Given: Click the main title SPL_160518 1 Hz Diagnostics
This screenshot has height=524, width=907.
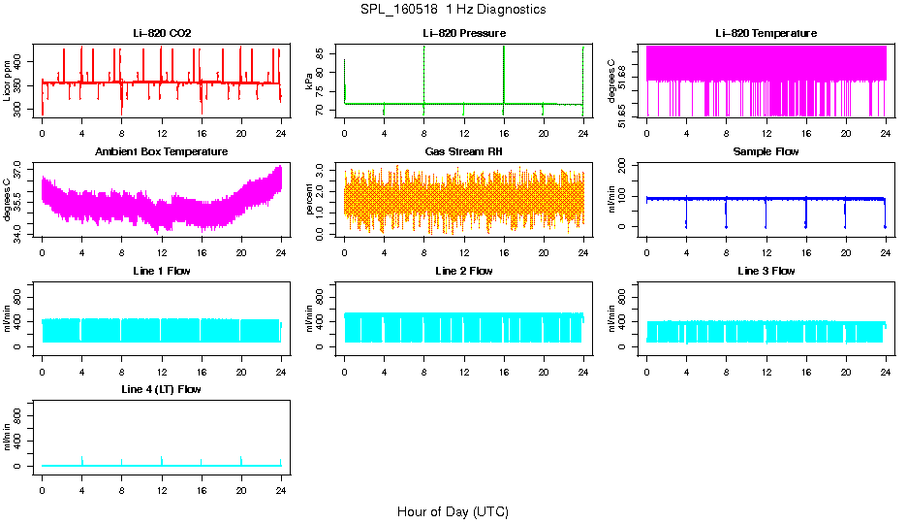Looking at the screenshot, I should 453,10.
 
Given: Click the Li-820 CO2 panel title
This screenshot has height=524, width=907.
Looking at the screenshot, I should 162,33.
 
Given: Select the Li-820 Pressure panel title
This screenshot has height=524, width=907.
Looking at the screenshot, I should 464,33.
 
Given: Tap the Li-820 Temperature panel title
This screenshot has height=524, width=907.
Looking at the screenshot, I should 766,33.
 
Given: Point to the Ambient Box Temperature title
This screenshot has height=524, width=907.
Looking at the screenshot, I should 162,152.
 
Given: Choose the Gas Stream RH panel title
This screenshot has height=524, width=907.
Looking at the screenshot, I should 464,152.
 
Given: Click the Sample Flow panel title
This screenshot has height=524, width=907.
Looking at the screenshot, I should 766,152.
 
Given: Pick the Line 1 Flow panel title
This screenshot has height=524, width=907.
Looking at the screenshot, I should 162,271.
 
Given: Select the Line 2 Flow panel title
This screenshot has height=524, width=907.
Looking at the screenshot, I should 464,271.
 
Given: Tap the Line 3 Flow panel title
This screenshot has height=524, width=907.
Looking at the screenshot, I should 766,271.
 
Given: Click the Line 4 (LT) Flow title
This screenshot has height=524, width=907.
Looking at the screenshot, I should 162,389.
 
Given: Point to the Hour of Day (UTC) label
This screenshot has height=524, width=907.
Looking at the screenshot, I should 453,511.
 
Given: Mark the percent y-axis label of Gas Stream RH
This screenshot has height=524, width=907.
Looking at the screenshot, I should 310,200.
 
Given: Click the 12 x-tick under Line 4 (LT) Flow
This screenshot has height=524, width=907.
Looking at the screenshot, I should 162,479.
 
